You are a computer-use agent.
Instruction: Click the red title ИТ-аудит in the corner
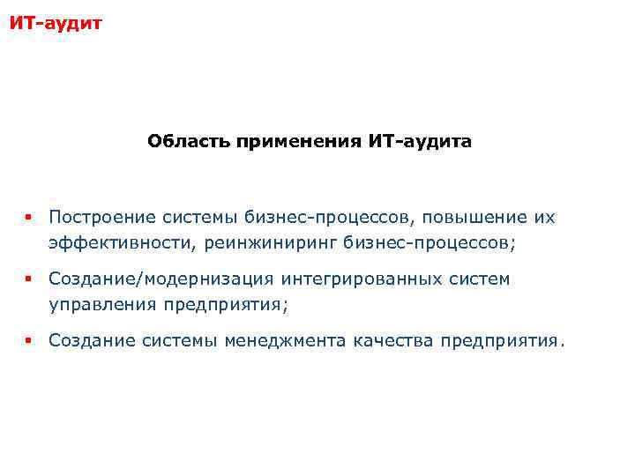click(x=55, y=22)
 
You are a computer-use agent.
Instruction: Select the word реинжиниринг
click(x=267, y=242)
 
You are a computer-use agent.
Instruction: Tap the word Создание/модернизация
click(x=161, y=279)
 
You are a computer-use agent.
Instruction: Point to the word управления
click(x=101, y=305)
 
